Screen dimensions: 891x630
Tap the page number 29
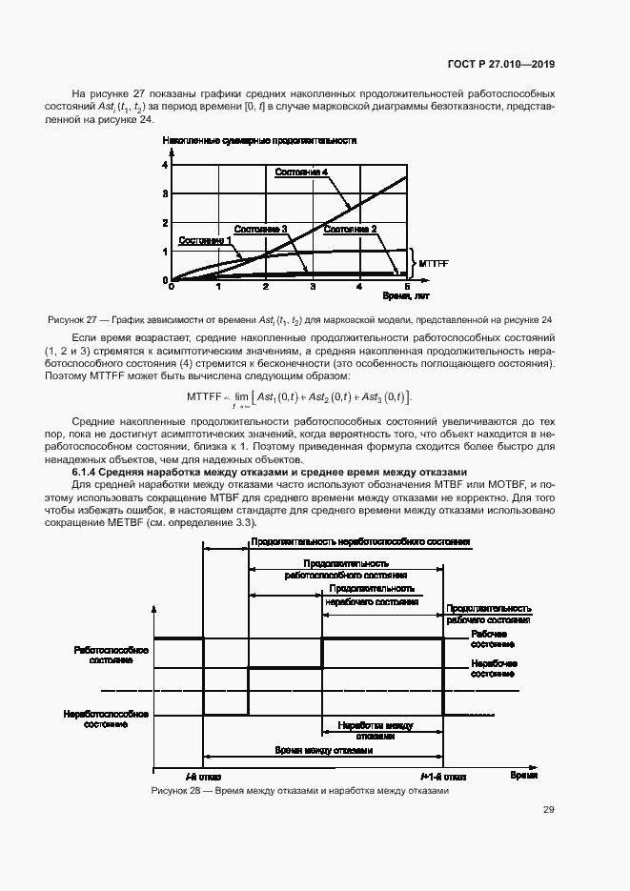click(548, 810)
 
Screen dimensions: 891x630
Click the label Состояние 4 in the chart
click(301, 172)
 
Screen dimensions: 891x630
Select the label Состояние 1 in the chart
click(201, 240)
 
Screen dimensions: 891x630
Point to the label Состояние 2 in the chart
click(350, 229)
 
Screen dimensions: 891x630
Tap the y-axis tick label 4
click(164, 165)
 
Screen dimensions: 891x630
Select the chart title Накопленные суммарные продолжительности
click(259, 140)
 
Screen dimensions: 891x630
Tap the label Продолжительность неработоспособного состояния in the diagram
click(359, 542)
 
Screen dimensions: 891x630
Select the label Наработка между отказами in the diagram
click(375, 730)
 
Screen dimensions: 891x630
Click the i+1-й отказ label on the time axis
click(443, 777)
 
